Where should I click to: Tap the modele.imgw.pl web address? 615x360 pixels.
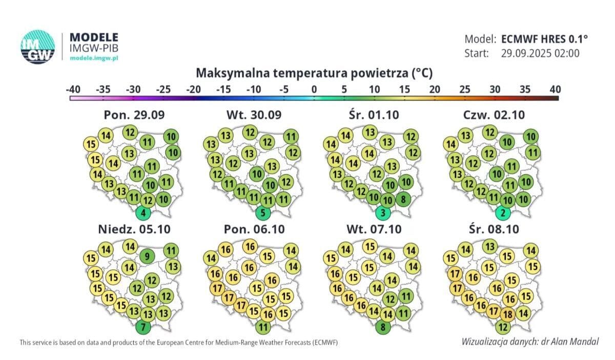tap(94, 58)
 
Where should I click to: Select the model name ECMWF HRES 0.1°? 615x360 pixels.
tap(544, 39)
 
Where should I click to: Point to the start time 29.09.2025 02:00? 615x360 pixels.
tap(540, 53)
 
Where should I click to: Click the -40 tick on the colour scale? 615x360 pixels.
tap(73, 89)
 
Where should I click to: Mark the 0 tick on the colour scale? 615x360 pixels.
tap(314, 89)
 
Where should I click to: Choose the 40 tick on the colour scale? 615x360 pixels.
tap(555, 89)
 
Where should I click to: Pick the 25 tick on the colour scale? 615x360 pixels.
tap(464, 89)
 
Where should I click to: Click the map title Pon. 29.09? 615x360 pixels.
tap(134, 115)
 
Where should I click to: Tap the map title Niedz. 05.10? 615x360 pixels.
tap(131, 229)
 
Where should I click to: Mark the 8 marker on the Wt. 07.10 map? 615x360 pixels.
tap(383, 326)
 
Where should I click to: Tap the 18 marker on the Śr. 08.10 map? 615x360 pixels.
tap(508, 314)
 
